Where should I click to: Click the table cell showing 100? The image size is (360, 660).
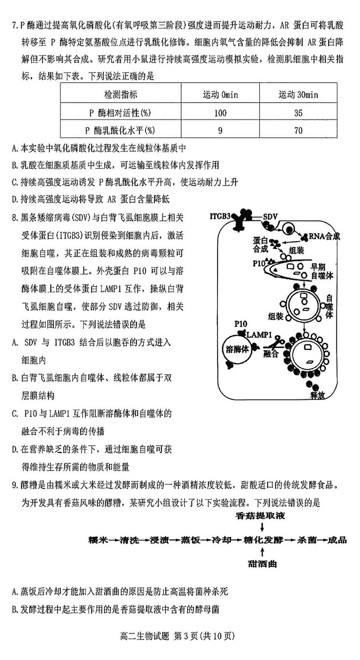click(220, 113)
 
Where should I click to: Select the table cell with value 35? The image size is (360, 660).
click(298, 113)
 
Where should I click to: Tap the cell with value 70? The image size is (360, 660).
click(298, 130)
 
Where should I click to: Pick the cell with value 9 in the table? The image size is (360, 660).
click(220, 130)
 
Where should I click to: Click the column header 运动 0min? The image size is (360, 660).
click(220, 94)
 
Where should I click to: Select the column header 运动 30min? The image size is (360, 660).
click(298, 94)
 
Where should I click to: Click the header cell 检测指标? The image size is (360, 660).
click(121, 94)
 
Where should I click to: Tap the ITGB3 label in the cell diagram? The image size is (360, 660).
click(220, 217)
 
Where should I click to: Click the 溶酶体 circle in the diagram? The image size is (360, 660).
click(237, 349)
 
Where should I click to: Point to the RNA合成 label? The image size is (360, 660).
click(324, 236)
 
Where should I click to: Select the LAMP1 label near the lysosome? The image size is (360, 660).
click(259, 335)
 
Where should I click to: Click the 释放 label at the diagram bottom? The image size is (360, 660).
click(317, 395)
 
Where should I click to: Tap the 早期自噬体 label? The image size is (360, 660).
click(322, 271)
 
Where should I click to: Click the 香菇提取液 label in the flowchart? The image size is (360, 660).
click(260, 516)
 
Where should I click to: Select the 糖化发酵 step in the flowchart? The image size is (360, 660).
click(263, 540)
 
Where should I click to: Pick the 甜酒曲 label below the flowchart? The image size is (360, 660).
click(262, 564)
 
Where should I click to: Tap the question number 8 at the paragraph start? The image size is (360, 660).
click(15, 218)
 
